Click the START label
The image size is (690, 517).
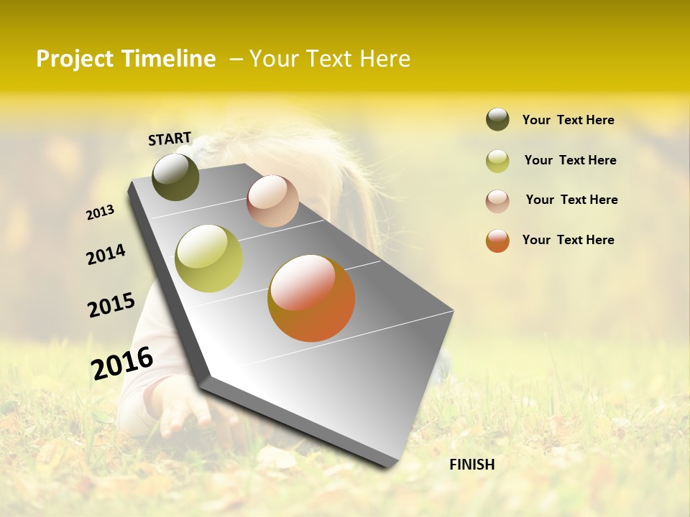point(170,139)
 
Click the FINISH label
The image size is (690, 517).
point(471,465)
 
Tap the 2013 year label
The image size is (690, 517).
point(101,213)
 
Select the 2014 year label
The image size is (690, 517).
point(106,254)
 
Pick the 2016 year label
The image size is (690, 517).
point(122,363)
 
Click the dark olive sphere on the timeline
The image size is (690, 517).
point(175,177)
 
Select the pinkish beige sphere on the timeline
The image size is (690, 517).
point(272,201)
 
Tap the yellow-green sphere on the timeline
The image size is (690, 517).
point(208,258)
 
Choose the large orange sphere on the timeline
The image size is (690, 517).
point(311,298)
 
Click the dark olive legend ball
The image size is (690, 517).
point(497,119)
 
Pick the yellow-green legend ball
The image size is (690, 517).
point(497,161)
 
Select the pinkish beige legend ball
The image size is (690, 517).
point(497,200)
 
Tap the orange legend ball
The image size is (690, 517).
point(497,241)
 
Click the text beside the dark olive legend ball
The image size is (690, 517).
point(568,120)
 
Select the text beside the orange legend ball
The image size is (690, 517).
point(568,240)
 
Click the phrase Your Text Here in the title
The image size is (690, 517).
point(330,59)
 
